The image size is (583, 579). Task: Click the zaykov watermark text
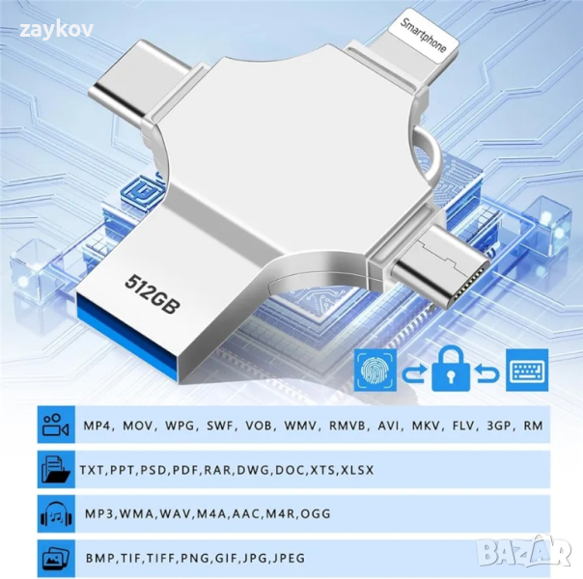coord(56,30)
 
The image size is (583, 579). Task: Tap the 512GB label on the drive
coord(153,294)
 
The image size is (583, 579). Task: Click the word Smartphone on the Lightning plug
coord(423,36)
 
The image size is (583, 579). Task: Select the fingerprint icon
coord(375,370)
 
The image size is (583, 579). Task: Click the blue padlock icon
coord(450,369)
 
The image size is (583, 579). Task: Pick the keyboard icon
coord(527,370)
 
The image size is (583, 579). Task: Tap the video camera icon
coord(56,425)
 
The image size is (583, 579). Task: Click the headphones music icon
coord(56,513)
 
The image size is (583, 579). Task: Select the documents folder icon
coord(56,469)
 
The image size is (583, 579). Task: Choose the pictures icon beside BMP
coord(56,558)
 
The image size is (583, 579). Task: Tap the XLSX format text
coord(357,470)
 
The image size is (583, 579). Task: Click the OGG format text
coord(316,514)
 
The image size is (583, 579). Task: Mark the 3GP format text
coord(500,426)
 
